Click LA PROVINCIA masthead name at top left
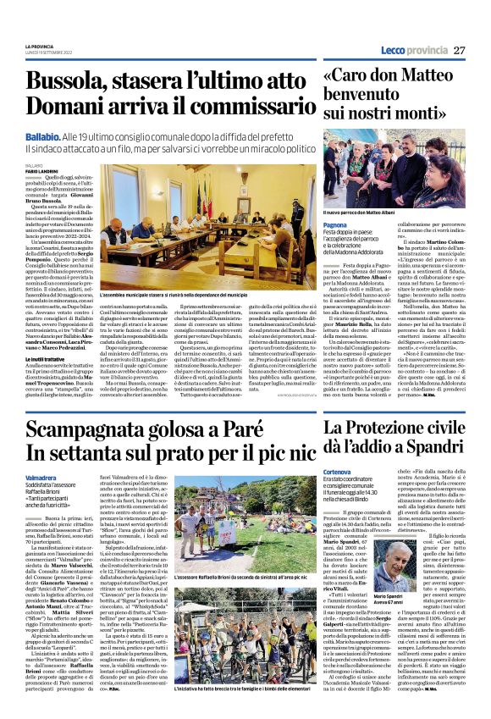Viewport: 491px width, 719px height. click(39, 44)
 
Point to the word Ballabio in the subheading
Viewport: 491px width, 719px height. click(42, 135)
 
